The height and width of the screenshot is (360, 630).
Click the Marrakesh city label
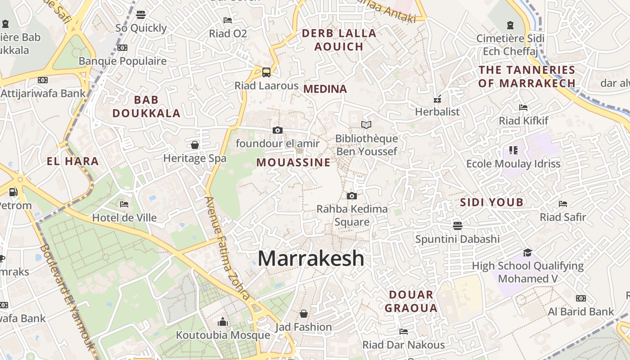(x=311, y=258)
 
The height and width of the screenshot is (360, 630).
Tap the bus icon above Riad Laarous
(x=266, y=72)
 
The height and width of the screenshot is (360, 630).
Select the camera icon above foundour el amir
(x=278, y=130)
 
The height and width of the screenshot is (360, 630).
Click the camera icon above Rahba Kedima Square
(x=352, y=196)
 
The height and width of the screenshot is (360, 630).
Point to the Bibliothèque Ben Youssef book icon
(x=367, y=125)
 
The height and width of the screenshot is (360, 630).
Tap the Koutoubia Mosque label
(x=223, y=335)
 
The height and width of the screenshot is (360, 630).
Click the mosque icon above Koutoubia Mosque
(x=223, y=322)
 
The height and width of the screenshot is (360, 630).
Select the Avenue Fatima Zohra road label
(x=227, y=248)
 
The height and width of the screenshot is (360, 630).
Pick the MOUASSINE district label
(x=293, y=163)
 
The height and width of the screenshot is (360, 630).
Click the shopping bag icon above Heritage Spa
(x=195, y=145)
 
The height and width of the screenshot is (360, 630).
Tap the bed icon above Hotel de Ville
(x=124, y=204)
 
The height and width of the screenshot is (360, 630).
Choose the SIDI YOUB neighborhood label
(x=492, y=202)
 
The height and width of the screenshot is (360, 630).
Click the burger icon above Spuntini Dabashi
(x=458, y=225)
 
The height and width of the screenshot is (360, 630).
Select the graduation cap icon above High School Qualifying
(x=527, y=252)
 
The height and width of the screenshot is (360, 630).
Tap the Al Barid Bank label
(x=581, y=311)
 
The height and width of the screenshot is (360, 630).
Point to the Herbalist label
(x=437, y=112)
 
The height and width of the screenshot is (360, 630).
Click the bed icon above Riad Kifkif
(x=523, y=107)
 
